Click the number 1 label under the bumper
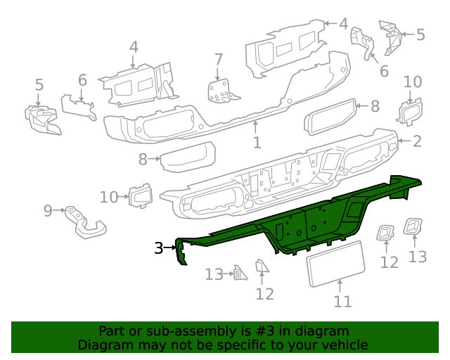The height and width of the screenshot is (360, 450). (257, 143)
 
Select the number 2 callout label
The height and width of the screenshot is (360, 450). (417, 141)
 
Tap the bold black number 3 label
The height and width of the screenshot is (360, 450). (159, 247)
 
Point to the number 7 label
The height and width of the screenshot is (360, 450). (218, 60)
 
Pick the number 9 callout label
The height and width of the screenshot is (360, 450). (48, 210)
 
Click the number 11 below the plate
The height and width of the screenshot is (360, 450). (342, 302)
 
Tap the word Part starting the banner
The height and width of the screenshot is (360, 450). (112, 331)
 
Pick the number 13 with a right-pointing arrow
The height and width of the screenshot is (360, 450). (214, 274)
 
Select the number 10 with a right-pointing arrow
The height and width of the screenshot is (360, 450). (108, 197)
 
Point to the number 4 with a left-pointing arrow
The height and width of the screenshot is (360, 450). (342, 24)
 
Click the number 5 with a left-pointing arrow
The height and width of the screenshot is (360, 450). (420, 34)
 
